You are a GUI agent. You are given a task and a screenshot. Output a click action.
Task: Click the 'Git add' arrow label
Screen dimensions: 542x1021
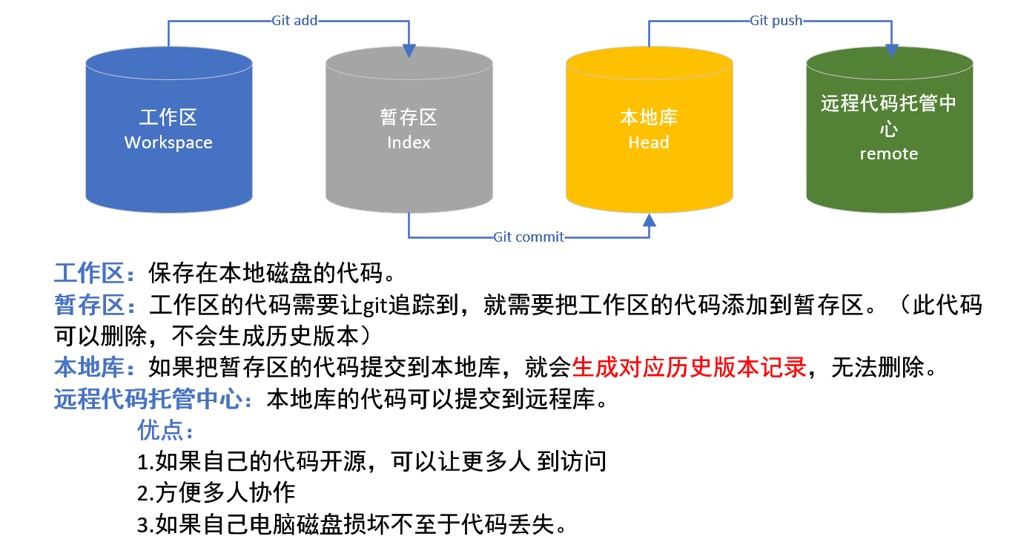(x=294, y=21)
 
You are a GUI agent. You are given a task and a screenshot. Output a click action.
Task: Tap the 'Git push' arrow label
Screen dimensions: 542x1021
(x=776, y=21)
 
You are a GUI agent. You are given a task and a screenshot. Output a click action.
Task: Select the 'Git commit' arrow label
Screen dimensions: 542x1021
(x=529, y=237)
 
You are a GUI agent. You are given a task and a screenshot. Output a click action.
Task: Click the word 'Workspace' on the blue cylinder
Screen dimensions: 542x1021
(x=168, y=143)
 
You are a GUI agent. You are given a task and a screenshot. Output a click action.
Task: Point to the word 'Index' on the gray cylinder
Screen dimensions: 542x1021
(x=409, y=142)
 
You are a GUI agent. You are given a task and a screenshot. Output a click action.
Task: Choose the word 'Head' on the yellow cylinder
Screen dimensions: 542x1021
(x=649, y=142)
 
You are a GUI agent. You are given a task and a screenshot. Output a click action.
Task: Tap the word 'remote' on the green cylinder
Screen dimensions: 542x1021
(x=888, y=154)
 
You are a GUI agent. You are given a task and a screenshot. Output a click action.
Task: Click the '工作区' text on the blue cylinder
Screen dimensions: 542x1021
(x=168, y=117)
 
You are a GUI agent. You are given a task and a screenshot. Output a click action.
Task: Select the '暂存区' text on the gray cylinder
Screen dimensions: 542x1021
(x=409, y=117)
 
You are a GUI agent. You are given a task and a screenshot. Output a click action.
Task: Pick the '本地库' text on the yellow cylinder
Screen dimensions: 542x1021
(x=649, y=117)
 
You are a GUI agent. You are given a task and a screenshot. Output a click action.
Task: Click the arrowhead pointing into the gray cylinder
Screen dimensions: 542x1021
(x=409, y=50)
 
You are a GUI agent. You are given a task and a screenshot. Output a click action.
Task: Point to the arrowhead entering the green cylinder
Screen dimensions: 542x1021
(x=891, y=50)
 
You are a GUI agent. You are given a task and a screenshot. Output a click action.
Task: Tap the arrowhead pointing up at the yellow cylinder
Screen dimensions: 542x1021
(x=650, y=219)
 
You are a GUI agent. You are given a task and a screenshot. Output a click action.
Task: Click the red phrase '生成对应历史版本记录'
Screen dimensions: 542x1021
(x=689, y=367)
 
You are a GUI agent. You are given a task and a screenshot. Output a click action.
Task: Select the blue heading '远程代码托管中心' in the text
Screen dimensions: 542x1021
(x=148, y=399)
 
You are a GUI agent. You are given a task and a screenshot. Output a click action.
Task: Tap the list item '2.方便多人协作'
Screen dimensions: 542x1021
(x=217, y=492)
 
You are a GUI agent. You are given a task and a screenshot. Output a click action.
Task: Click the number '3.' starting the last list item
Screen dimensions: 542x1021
(x=146, y=525)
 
